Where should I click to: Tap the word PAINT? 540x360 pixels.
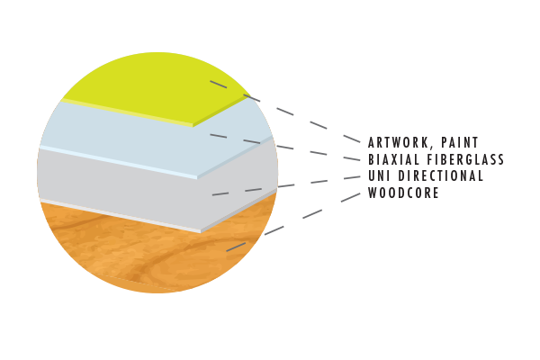coord(457,142)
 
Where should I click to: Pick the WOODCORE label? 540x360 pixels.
coord(404,193)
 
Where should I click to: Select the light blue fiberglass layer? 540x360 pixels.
coord(135,135)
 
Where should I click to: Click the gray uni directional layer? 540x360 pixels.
coord(135,184)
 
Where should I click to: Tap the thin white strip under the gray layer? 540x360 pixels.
coord(117,214)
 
